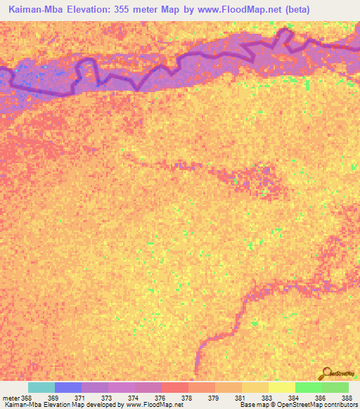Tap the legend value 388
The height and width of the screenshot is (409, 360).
345,398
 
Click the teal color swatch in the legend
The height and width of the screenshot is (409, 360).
41,387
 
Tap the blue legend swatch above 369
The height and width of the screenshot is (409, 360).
68,387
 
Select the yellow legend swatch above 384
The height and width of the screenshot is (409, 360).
282,387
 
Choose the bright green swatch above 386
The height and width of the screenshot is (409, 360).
309,387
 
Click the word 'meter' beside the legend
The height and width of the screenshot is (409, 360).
11,398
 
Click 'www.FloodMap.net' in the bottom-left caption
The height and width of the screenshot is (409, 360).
150,405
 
